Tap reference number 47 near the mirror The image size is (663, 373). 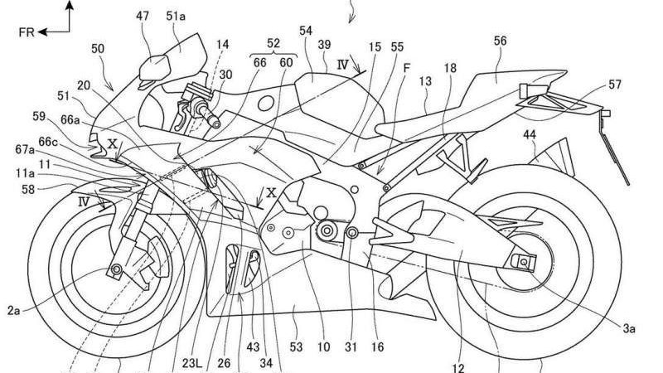click(144, 17)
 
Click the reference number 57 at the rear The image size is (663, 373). click(613, 85)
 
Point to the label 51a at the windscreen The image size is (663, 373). click(177, 17)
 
